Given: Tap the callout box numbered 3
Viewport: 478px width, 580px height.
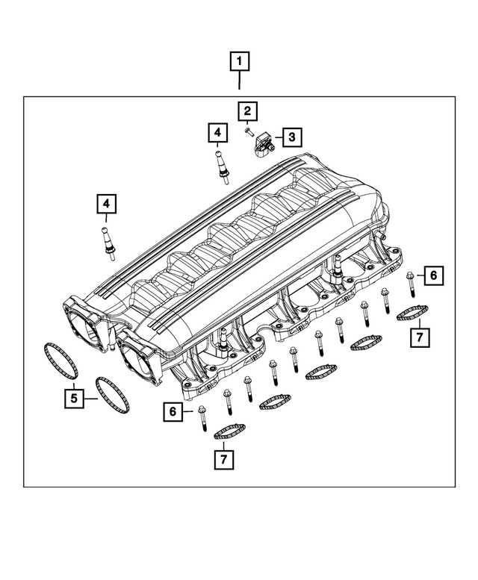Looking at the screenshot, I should pyautogui.click(x=291, y=137).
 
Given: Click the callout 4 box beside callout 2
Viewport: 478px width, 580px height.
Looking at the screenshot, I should pyautogui.click(x=217, y=134).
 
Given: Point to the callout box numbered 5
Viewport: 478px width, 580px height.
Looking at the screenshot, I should pyautogui.click(x=73, y=399).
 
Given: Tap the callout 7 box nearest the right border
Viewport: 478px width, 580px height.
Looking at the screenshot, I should pyautogui.click(x=419, y=337).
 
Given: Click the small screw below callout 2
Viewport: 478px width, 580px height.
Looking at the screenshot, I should pyautogui.click(x=247, y=131).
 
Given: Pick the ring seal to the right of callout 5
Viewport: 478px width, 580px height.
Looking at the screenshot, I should pyautogui.click(x=112, y=393).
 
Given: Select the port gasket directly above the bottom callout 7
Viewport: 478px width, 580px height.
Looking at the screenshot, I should pyautogui.click(x=230, y=431).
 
